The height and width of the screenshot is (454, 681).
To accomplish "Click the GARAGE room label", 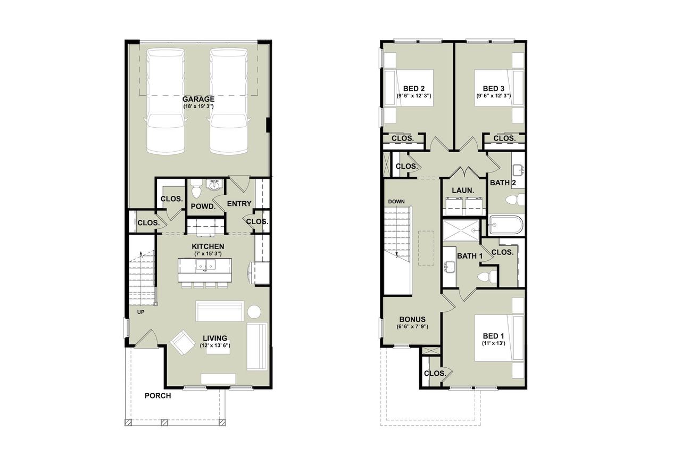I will (x=198, y=99).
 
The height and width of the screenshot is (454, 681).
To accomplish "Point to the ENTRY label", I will (x=239, y=204).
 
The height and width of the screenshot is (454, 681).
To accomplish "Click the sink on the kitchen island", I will (x=205, y=265).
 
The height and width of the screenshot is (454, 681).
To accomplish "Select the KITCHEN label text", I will (x=208, y=246).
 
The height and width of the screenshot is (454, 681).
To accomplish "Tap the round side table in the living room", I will (x=254, y=311).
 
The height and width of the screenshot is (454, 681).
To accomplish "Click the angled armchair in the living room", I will (x=182, y=342).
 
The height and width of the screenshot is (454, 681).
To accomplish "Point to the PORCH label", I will (x=157, y=395).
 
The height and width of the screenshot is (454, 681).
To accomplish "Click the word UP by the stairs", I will (x=141, y=312).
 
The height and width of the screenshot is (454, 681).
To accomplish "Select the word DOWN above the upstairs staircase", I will (x=396, y=202).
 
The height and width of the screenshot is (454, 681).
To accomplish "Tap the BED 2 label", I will (x=413, y=88).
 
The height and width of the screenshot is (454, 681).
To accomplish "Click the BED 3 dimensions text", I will (x=493, y=96).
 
